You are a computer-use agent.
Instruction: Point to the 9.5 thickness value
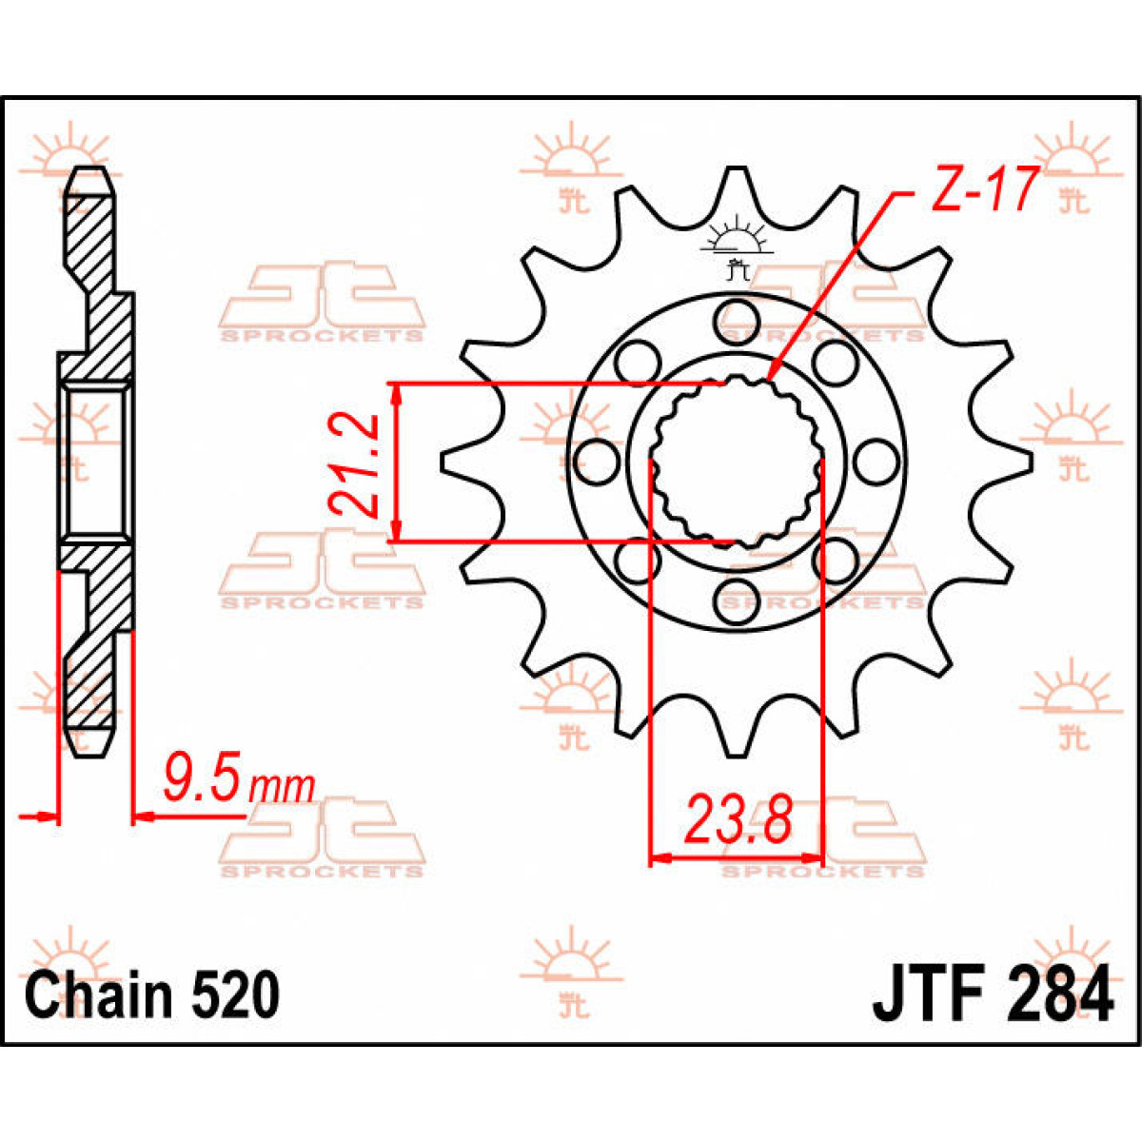click(x=203, y=778)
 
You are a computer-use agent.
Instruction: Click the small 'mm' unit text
click(x=282, y=786)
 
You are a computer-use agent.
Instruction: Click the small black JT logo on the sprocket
click(x=734, y=249)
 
